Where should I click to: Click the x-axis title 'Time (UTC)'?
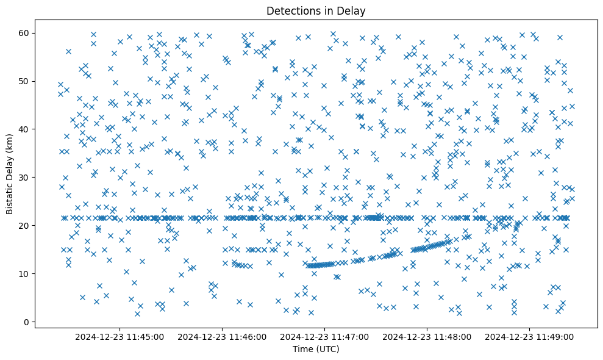tap(316, 350)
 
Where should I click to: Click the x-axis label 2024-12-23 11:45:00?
tap(120, 336)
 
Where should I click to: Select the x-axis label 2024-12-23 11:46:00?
tap(222, 336)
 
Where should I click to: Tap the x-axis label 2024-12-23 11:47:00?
tap(324, 336)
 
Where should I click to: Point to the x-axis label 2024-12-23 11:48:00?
tap(427, 336)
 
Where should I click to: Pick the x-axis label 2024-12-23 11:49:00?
tap(529, 336)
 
